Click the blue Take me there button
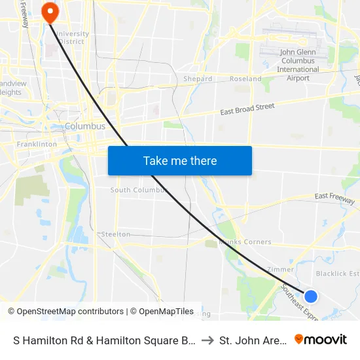(180, 160)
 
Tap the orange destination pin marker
(49, 12)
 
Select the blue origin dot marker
(311, 297)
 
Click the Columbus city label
(85, 126)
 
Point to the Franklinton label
(37, 144)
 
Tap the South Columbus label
(139, 190)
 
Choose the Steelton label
(116, 234)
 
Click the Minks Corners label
(245, 242)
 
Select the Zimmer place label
(281, 270)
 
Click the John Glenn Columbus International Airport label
(298, 65)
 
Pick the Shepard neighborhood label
(198, 79)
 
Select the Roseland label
(245, 79)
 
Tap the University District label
(72, 38)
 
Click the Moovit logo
(321, 340)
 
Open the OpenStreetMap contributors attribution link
(65, 312)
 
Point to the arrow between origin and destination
(207, 340)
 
